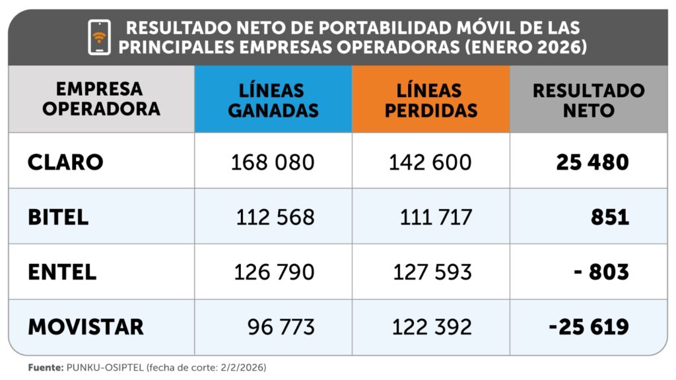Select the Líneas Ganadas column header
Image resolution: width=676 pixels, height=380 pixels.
point(273,100)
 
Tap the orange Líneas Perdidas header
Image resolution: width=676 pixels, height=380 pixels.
point(430,100)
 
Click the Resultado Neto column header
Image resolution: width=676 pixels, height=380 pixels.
point(588,100)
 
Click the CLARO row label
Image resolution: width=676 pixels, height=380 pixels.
point(65,162)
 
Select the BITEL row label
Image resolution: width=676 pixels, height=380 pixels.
point(58,217)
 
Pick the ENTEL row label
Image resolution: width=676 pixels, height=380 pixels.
point(62,271)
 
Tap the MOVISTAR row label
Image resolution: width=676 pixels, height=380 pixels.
point(85,326)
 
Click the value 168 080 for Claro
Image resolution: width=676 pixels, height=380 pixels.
point(273,162)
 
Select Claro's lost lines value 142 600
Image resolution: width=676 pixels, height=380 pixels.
point(432,162)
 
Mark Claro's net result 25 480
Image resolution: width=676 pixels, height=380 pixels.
point(592,162)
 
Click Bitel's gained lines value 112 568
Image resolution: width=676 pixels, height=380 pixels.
point(275,217)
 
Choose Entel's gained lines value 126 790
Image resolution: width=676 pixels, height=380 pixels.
point(274,271)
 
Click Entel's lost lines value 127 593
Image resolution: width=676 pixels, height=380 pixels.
point(432,271)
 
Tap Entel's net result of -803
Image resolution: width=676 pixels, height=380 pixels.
point(601,271)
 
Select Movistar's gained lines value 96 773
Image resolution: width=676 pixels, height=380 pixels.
point(281,326)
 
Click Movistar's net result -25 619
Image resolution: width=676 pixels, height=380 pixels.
point(588,326)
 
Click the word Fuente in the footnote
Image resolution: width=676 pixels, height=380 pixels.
point(44,367)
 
